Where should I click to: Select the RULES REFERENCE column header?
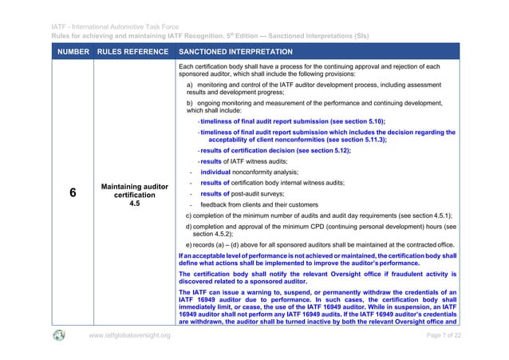(x=129, y=49)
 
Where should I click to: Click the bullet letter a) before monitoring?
(x=190, y=84)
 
